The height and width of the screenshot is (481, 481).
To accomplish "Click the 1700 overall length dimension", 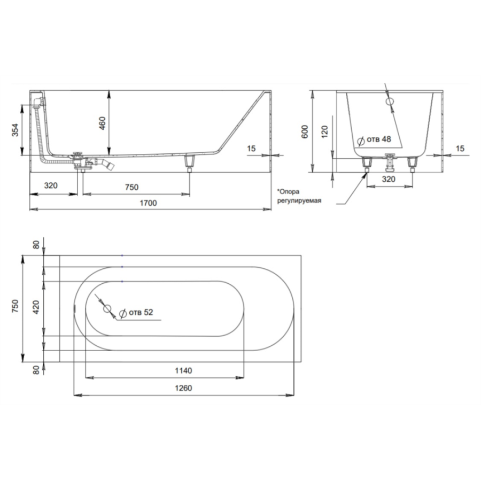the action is click(x=148, y=203).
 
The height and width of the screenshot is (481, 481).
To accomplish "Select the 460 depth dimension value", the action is click(x=103, y=123).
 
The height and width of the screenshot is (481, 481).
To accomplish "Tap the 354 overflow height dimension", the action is click(x=15, y=130).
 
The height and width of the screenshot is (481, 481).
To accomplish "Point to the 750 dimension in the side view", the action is click(x=131, y=187).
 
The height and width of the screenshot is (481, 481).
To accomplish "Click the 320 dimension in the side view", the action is click(x=51, y=185).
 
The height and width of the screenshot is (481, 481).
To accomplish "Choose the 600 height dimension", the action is click(x=305, y=131).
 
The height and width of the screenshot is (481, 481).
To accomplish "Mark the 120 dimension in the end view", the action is click(x=324, y=131).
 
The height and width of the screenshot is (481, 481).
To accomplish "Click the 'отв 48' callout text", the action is click(x=379, y=139).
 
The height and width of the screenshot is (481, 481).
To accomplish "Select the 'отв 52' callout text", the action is click(x=141, y=312).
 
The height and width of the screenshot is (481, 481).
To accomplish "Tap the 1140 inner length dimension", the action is click(x=183, y=370).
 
